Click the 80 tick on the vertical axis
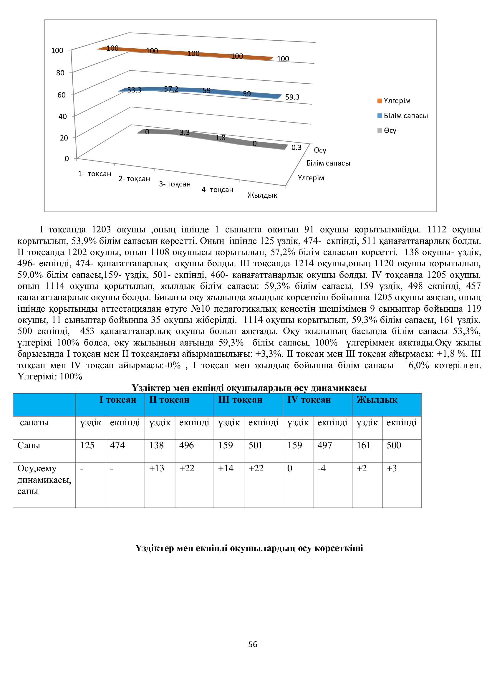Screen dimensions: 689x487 tap(60, 73)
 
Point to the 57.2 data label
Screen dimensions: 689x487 tap(171, 89)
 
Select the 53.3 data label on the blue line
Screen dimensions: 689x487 tap(134, 90)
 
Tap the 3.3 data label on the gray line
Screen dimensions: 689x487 tap(184, 132)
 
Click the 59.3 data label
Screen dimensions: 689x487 tap(292, 97)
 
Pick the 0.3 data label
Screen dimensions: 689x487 tap(296, 147)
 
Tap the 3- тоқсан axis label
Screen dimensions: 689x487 tap(175, 184)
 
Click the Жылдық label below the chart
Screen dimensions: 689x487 tap(262, 196)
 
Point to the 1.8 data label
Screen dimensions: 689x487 tap(221, 138)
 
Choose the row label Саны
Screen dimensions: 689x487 tap(29, 445)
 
